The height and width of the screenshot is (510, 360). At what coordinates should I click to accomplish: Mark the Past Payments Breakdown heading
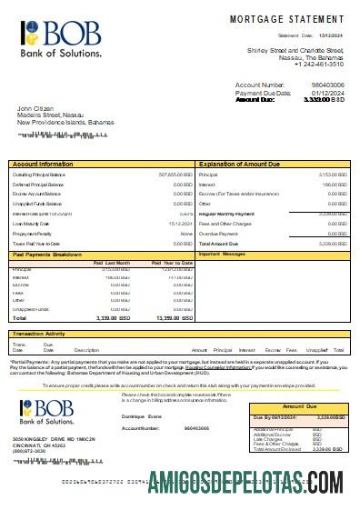(x=51, y=254)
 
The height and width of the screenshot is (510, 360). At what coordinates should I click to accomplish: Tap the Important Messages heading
(x=223, y=254)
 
